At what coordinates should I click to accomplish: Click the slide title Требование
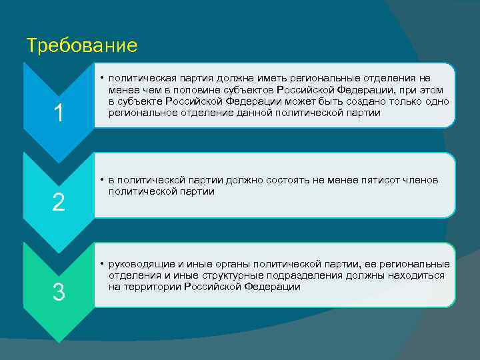(x=81, y=45)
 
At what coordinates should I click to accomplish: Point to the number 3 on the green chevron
(x=59, y=292)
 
